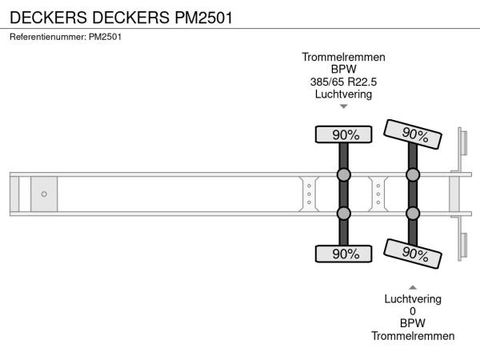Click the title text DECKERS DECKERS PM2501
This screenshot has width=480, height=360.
(x=121, y=17)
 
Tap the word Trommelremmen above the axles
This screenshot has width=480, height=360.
(x=344, y=57)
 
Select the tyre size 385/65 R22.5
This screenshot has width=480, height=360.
(x=344, y=82)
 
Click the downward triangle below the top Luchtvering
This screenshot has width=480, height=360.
(x=344, y=106)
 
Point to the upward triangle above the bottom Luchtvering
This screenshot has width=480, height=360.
(x=413, y=286)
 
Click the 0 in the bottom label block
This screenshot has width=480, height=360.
(x=413, y=311)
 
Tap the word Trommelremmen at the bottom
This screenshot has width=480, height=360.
(x=413, y=336)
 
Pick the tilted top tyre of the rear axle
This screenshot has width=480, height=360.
(x=413, y=134)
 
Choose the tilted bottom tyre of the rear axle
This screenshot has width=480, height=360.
(x=413, y=253)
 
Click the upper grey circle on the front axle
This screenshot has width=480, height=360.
(x=344, y=174)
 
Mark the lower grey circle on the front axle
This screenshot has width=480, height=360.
(x=344, y=213)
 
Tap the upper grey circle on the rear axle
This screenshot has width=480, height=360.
(x=413, y=174)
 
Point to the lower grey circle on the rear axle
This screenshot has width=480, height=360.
(x=413, y=213)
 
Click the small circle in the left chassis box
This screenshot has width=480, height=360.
(x=44, y=194)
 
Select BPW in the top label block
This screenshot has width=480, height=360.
(x=344, y=70)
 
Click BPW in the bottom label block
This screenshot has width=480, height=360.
(x=413, y=324)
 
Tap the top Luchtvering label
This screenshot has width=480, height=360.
(x=344, y=94)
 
